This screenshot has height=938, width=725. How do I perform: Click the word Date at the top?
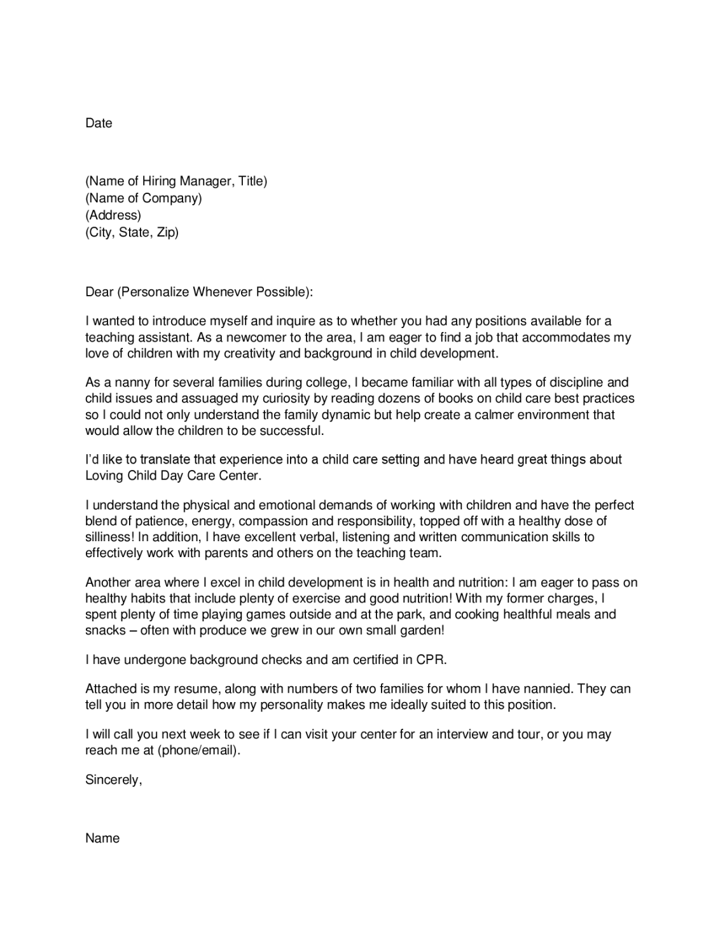[99, 123]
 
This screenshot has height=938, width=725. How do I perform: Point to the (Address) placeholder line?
[113, 215]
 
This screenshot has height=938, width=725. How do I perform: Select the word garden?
[419, 631]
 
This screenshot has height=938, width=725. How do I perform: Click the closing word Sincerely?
[113, 780]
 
